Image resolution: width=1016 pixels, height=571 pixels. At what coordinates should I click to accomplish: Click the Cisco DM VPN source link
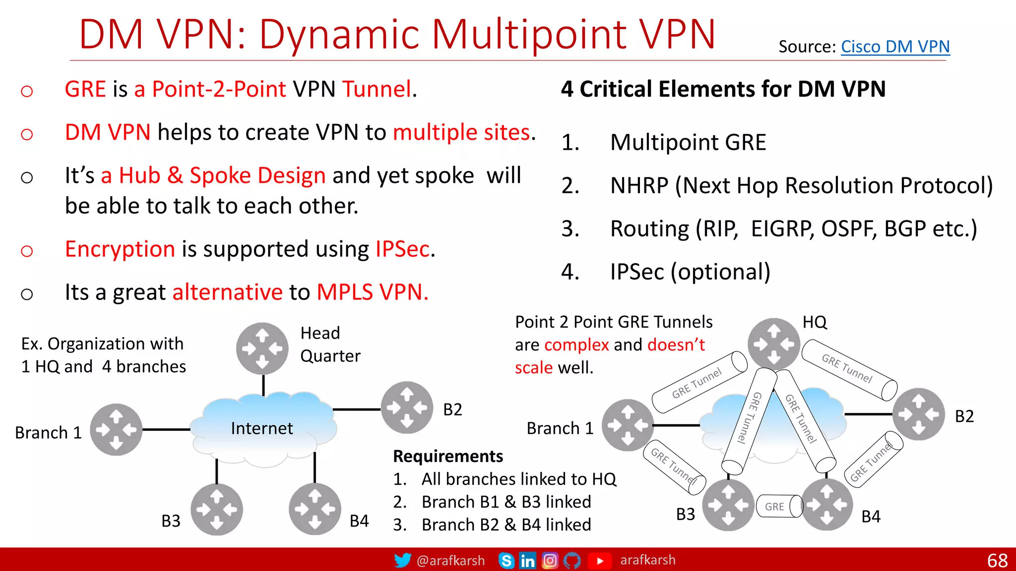point(895,47)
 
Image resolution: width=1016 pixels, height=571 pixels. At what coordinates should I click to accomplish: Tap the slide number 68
point(997,561)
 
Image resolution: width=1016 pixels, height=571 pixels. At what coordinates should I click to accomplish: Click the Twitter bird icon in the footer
point(402,561)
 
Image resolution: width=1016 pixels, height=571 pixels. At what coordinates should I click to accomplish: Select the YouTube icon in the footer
point(599,561)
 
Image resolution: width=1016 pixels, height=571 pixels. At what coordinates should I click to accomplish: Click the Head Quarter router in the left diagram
point(262,348)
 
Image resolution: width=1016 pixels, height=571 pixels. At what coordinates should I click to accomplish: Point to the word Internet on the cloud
point(262,428)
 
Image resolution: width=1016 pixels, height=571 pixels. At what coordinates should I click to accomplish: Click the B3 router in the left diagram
point(217,509)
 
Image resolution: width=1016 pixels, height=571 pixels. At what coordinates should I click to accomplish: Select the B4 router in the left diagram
point(315,509)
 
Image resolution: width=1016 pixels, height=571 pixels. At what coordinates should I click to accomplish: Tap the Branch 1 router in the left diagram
point(116,430)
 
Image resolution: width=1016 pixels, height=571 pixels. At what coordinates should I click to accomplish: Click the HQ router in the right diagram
point(774,344)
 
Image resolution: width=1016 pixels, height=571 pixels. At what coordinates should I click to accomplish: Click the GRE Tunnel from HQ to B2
point(849,369)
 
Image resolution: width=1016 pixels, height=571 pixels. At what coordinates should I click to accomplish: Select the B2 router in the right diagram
point(918,414)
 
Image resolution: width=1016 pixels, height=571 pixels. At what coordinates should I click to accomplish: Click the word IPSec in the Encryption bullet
point(402,249)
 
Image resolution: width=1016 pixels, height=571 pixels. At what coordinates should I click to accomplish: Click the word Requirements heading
point(447,456)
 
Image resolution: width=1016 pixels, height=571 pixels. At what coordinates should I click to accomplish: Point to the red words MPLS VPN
point(372,292)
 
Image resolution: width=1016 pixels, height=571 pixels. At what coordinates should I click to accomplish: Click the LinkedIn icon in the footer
point(527,561)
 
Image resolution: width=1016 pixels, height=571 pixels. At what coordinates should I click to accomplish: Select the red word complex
point(576,344)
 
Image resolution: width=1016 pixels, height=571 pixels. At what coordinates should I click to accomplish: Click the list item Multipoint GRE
point(688,142)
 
